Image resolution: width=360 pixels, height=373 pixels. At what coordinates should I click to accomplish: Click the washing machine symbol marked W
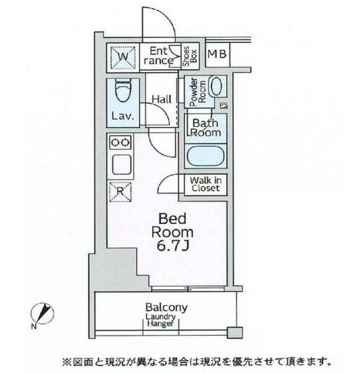pyautogui.click(x=123, y=57)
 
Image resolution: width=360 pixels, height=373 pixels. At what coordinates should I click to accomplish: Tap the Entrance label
pyautogui.click(x=157, y=56)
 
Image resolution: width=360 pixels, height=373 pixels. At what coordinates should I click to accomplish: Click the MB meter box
pyautogui.click(x=218, y=55)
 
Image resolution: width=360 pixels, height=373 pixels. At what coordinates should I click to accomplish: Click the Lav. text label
pyautogui.click(x=123, y=115)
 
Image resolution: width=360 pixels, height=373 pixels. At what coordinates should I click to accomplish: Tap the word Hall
pyautogui.click(x=161, y=99)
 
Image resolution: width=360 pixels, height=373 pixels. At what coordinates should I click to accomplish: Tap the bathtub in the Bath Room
pyautogui.click(x=206, y=155)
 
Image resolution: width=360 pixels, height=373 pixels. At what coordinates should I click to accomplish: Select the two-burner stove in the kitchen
pyautogui.click(x=121, y=142)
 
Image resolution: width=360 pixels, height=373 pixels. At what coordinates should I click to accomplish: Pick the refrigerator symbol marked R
pyautogui.click(x=120, y=190)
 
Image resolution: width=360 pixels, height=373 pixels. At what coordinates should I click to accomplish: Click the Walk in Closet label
pyautogui.click(x=204, y=184)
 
